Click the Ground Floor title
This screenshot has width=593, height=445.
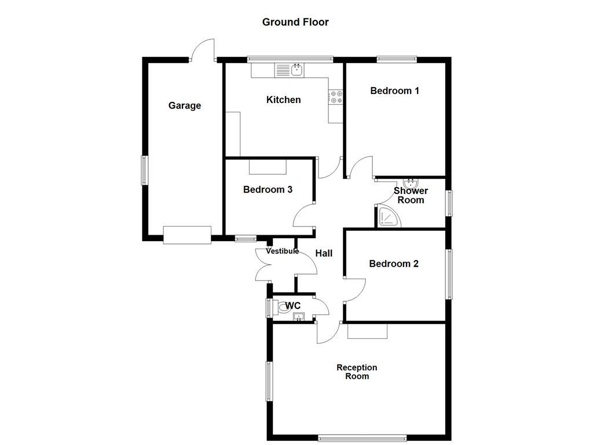pos(295,22)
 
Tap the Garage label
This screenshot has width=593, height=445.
pos(185,105)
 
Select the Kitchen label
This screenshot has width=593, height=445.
pos(283,100)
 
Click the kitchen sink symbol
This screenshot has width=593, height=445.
pos(296,70)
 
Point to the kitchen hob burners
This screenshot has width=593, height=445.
pos(336,97)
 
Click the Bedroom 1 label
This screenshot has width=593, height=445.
pos(394,90)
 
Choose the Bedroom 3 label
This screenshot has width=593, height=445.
pos(267,189)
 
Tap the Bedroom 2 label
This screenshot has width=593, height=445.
pos(394,264)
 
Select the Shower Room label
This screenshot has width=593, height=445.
pos(411,195)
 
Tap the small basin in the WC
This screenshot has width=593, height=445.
pos(298,316)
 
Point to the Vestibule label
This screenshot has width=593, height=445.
pos(282,251)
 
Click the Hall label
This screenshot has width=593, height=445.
pos(324,253)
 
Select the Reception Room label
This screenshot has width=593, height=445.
pos(357,371)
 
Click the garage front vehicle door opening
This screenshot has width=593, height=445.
pos(186,235)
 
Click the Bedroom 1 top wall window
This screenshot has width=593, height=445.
pos(397,58)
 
